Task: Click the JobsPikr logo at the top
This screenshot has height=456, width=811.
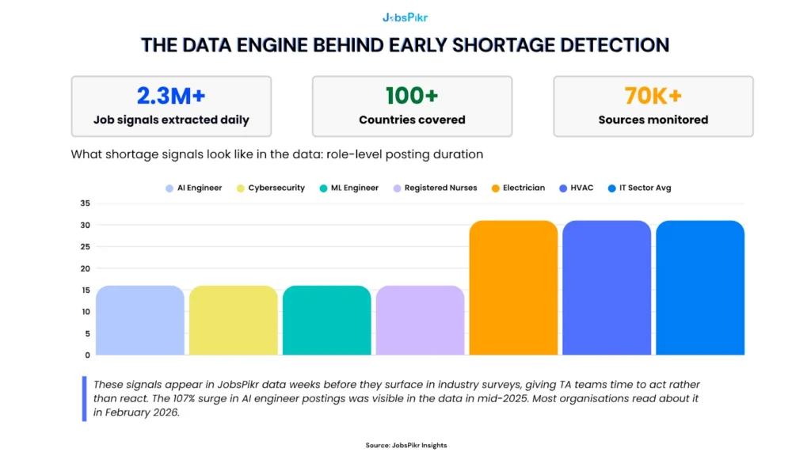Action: (405, 17)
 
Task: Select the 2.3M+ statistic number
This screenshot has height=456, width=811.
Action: (171, 96)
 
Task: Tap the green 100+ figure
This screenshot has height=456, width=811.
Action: (412, 96)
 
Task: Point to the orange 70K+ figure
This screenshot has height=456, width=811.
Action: (653, 96)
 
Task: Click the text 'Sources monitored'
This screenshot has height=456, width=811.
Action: (653, 120)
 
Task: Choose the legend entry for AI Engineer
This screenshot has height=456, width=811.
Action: (194, 188)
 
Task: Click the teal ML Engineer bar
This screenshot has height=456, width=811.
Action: (326, 321)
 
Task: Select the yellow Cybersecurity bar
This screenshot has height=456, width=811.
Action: (233, 321)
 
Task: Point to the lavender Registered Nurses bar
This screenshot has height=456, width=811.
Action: (420, 321)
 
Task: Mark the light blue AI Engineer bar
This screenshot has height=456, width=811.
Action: (139, 321)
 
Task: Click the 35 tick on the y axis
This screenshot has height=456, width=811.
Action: (86, 203)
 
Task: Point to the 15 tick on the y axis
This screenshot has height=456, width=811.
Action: (86, 290)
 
